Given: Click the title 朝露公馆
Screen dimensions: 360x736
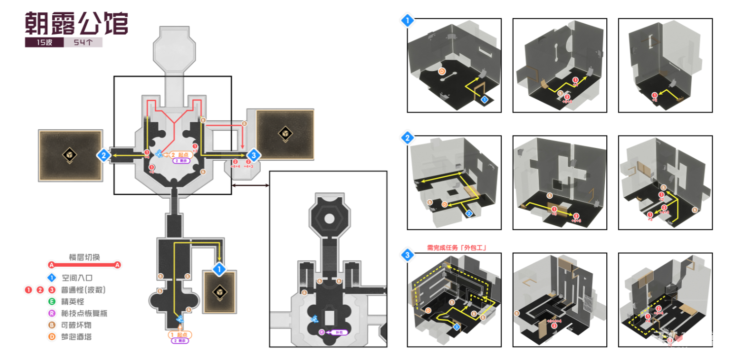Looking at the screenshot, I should pyautogui.click(x=76, y=23).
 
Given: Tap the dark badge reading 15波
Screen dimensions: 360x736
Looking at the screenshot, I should pyautogui.click(x=44, y=42).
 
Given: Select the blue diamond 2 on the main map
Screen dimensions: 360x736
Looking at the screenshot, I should pyautogui.click(x=103, y=155).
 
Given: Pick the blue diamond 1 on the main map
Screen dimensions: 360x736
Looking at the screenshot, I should pyautogui.click(x=218, y=269).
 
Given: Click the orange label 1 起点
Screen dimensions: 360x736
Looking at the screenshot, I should pyautogui.click(x=180, y=334).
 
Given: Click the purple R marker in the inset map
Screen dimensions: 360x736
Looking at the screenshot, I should pyautogui.click(x=321, y=332).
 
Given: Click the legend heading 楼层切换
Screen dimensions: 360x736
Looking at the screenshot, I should pyautogui.click(x=84, y=257).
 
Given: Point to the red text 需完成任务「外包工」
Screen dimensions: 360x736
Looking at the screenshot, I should pyautogui.click(x=456, y=248).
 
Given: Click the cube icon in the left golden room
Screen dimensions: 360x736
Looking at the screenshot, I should pyautogui.click(x=70, y=155).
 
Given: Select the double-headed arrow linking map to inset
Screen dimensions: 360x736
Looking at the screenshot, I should pyautogui.click(x=250, y=185).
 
